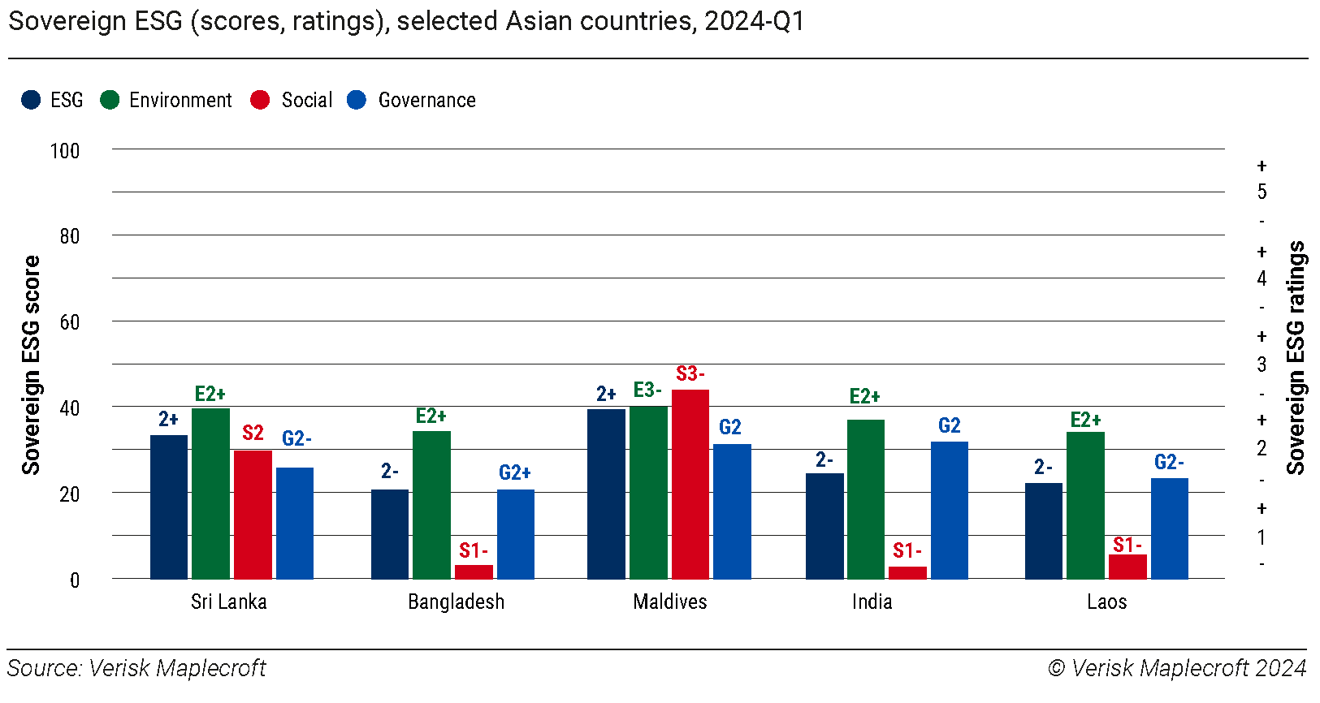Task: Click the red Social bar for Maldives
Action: (690, 484)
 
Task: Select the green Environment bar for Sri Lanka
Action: (210, 493)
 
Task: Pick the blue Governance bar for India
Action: (950, 510)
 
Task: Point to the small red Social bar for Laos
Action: (1127, 567)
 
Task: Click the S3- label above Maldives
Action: (690, 374)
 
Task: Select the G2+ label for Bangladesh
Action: (515, 472)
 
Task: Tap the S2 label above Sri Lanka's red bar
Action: (253, 433)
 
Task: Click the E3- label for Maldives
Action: (647, 390)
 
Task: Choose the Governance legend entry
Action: (426, 101)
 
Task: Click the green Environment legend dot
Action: (110, 100)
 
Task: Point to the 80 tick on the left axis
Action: (70, 236)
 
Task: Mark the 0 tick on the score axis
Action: (75, 580)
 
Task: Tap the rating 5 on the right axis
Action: (1262, 192)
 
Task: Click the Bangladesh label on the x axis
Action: (456, 602)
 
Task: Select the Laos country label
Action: (1106, 602)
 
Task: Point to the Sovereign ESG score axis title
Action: (31, 364)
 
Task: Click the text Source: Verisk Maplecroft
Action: (136, 668)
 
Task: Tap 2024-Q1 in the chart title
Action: (755, 21)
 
